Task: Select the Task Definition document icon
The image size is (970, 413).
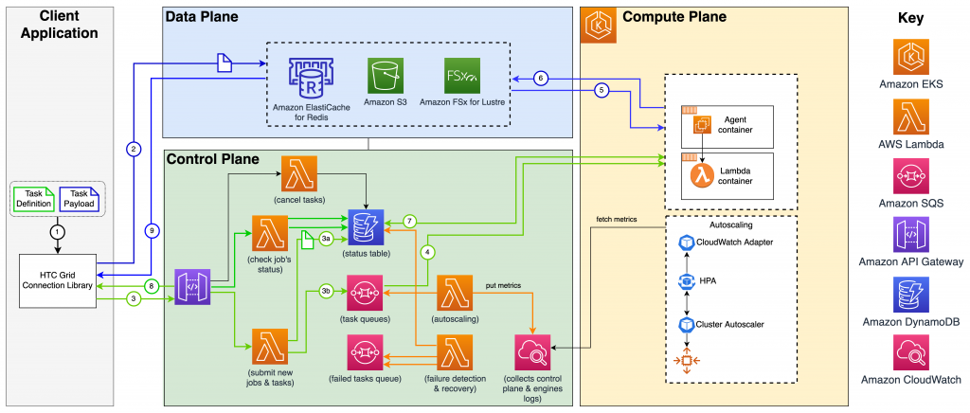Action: click(x=33, y=197)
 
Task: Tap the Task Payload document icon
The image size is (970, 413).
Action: click(x=79, y=197)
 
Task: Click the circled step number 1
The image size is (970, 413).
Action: click(x=58, y=230)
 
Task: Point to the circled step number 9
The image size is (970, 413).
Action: click(x=151, y=228)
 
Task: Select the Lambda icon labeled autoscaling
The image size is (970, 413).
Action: click(x=458, y=293)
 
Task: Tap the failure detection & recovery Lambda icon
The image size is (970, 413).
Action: click(x=458, y=354)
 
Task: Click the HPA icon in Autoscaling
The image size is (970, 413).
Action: click(x=689, y=281)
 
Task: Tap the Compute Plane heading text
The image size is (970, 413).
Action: click(x=673, y=17)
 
